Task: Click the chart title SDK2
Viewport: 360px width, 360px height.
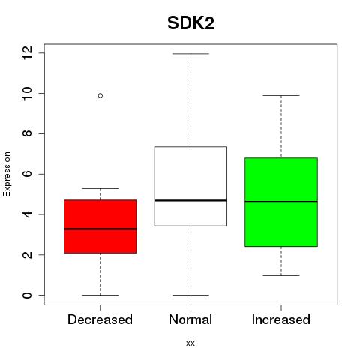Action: tap(190, 23)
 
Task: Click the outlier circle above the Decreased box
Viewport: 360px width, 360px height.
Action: tap(100, 95)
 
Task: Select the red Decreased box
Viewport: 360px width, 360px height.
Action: tap(100, 226)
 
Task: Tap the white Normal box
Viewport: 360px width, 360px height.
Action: tap(190, 186)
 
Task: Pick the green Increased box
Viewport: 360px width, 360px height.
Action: tap(281, 202)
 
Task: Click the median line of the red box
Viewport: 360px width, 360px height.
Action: tap(100, 229)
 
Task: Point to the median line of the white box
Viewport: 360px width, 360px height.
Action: tap(190, 200)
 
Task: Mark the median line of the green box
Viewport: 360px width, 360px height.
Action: tap(281, 202)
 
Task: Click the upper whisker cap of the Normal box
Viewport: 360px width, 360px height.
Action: tap(190, 54)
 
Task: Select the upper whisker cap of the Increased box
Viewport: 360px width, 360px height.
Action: tap(281, 95)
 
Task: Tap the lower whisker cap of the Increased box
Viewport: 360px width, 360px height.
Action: tap(281, 275)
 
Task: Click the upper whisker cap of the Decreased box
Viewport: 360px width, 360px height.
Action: tap(100, 188)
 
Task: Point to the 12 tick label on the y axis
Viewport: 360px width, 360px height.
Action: tap(27, 53)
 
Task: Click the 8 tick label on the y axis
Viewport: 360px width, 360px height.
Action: tap(27, 133)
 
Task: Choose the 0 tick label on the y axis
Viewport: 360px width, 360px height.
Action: tap(27, 295)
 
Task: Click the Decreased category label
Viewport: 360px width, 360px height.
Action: tap(100, 319)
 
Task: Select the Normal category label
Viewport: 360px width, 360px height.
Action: tap(190, 319)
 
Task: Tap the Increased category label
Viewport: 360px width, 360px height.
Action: tap(281, 319)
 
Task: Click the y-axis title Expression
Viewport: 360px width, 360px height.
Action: tap(7, 174)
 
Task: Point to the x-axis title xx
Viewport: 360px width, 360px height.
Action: tap(190, 343)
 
